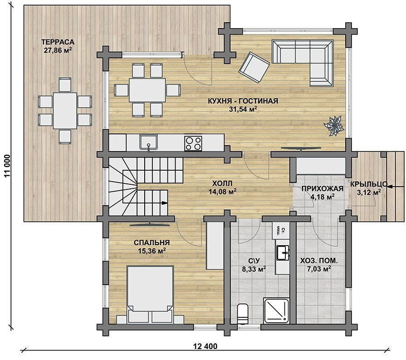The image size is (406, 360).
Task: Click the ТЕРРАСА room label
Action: [x=58, y=42]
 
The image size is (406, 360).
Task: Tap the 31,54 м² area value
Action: [x=243, y=109]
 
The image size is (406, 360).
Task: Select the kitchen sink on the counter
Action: [x=149, y=142]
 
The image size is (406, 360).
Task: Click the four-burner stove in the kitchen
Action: [x=193, y=143]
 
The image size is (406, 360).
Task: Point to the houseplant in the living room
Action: [x=334, y=126]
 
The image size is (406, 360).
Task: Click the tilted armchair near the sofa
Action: [x=254, y=67]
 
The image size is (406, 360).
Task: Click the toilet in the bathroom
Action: [x=243, y=314]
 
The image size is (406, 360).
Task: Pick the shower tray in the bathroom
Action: [x=276, y=311]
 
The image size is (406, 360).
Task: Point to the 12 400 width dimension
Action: [x=205, y=346]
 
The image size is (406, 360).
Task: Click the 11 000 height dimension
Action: [x=8, y=166]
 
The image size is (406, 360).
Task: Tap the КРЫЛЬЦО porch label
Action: [x=369, y=184]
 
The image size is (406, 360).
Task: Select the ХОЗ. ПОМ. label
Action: [x=319, y=261]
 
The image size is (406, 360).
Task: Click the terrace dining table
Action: [x=65, y=111]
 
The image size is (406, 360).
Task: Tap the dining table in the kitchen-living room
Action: [x=147, y=90]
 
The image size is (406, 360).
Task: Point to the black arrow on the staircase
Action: [x=164, y=203]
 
